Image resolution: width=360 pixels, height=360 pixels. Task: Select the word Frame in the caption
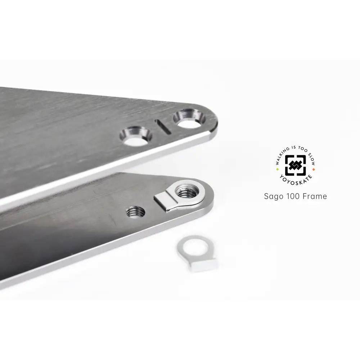(315, 196)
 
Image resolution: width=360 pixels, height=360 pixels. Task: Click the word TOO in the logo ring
(303, 149)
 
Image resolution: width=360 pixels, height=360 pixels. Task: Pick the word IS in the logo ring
(294, 147)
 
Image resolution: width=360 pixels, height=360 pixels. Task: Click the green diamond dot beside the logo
(277, 169)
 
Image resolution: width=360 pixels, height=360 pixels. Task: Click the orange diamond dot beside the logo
(314, 169)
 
